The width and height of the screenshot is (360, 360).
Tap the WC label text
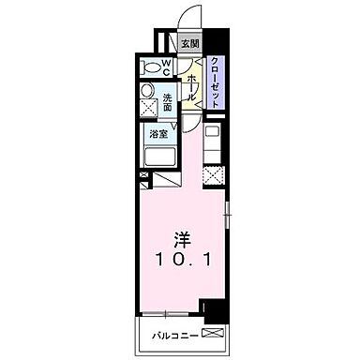[164, 67]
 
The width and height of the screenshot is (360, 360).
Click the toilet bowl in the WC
[148, 67]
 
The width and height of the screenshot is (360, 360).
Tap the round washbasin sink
[147, 91]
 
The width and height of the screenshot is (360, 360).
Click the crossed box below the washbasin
[147, 109]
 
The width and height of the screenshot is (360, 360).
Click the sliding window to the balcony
[169, 312]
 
